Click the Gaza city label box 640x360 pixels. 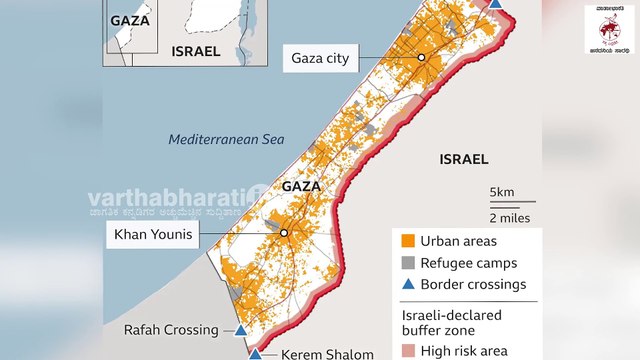320,58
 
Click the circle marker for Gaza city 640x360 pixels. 422,58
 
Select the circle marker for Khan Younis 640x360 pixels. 284,233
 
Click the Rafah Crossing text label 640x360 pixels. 171,330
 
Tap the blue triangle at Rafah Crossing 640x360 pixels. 241,330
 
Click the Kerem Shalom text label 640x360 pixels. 313,354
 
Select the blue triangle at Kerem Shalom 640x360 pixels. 255,353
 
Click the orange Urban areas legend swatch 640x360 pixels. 406,241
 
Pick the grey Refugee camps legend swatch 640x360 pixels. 406,263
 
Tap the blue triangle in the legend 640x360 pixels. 406,284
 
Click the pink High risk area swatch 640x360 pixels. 406,350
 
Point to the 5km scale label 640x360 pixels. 503,192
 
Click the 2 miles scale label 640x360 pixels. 509,217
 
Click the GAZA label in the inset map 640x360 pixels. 129,20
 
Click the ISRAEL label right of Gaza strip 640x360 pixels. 464,159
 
